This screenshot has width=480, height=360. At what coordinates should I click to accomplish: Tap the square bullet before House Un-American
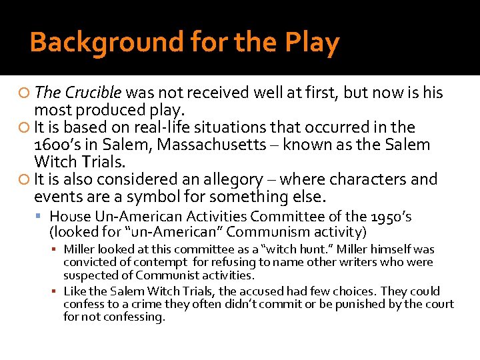42,217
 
